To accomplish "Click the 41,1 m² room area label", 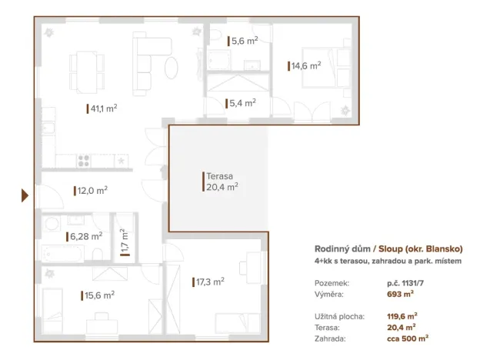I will coord(103,109).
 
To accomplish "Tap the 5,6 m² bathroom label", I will coord(244,42).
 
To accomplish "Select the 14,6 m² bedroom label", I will coord(305,66).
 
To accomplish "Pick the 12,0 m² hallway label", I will coord(92,190).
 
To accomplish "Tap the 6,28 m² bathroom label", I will coord(87,236).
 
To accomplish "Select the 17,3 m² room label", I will coord(210,282).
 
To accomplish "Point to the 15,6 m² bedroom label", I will coord(100,294).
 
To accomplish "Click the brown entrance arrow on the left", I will coord(25,197).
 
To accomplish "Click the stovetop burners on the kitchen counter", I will coord(85,161).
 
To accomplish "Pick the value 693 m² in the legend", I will coord(398,294).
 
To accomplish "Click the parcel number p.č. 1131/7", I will coord(405,283).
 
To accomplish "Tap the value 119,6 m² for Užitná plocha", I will coord(402,315).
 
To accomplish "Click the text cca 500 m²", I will coord(408,337).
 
